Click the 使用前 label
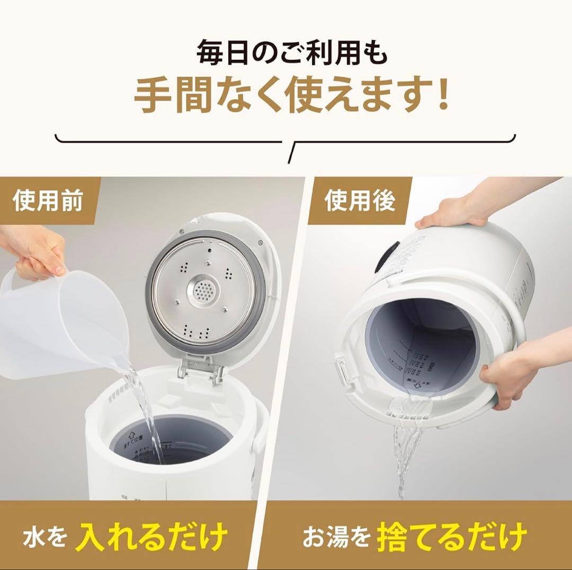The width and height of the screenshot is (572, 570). [48, 202]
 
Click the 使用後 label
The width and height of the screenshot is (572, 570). [360, 202]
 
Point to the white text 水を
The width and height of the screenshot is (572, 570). [44, 537]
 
